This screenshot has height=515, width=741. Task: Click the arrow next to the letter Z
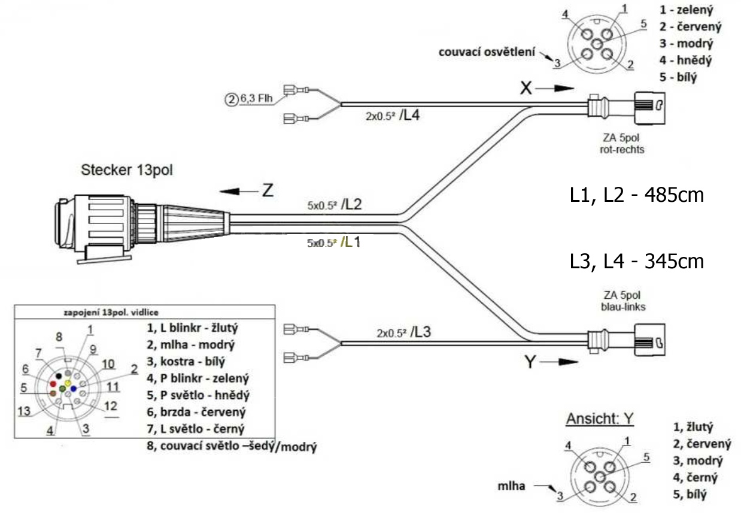pyautogui.click(x=236, y=191)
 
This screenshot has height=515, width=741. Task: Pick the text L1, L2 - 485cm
pyautogui.click(x=636, y=196)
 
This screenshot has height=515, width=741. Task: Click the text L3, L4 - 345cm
pyautogui.click(x=636, y=261)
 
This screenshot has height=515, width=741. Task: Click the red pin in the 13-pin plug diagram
pyautogui.click(x=53, y=383)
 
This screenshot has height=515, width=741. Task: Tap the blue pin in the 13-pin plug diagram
pyautogui.click(x=74, y=388)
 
